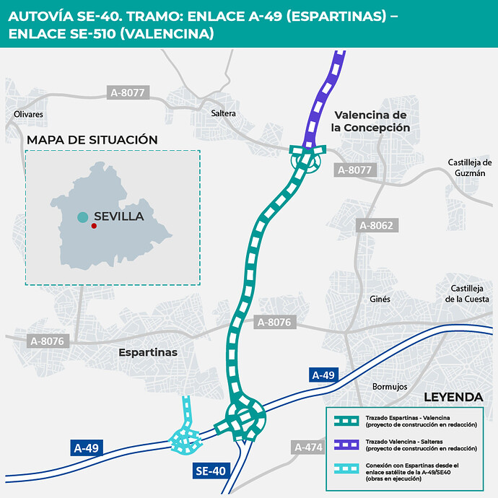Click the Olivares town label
click(29, 114)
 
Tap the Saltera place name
click(224, 113)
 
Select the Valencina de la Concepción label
click(371, 121)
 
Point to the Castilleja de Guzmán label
click(470, 167)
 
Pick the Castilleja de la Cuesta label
click(467, 294)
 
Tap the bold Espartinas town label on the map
click(147, 352)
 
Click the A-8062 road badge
click(376, 226)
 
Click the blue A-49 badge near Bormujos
click(323, 375)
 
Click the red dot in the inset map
click(94, 226)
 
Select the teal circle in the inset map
click(83, 217)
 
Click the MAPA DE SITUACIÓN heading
click(92, 139)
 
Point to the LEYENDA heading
click(453, 397)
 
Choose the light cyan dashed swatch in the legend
click(346, 468)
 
